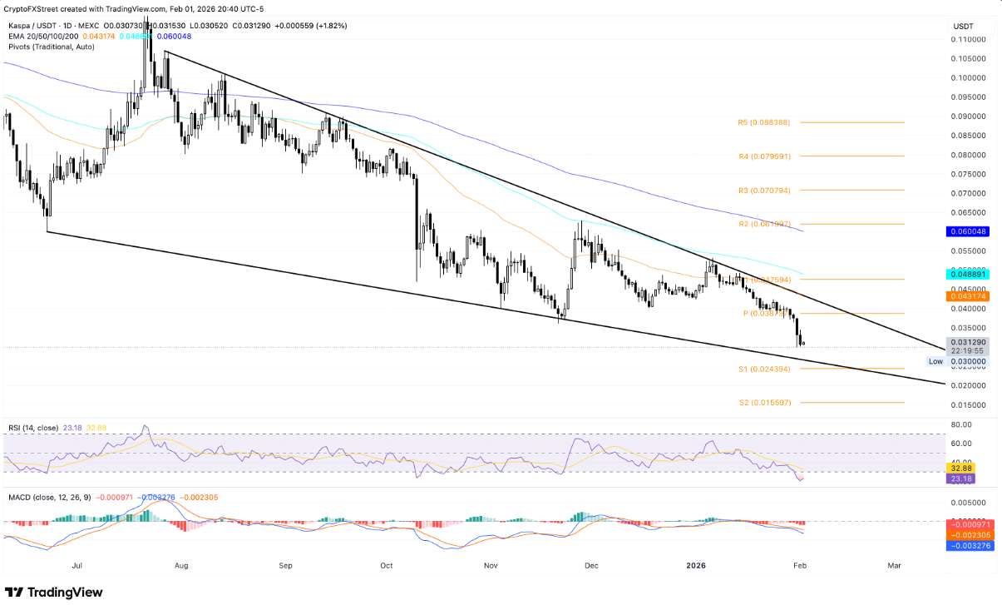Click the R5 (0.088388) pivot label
coord(763,122)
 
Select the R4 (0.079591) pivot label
coord(763,156)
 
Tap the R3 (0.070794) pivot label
coord(763,191)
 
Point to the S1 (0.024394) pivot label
coord(763,369)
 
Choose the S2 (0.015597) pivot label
coord(763,403)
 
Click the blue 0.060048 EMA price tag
coord(970,231)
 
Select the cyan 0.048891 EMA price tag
coord(970,274)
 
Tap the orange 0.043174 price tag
coord(970,295)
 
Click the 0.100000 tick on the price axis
coord(970,78)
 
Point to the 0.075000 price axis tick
coord(970,175)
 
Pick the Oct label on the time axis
coord(387,566)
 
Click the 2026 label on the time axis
coord(696,566)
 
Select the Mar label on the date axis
coord(894,566)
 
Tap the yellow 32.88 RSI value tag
coord(963,469)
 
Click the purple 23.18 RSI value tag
coord(963,479)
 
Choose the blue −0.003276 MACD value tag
coord(970,546)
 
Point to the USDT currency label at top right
coord(963,27)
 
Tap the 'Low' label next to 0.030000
coord(935,361)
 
